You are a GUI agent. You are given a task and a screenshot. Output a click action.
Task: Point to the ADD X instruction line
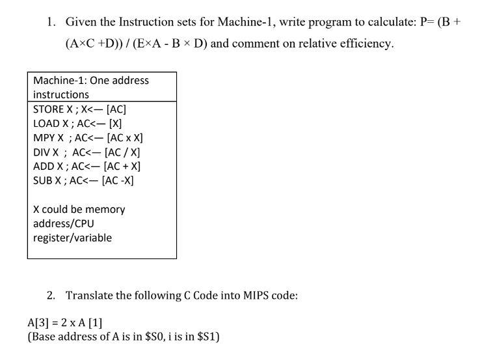(87, 166)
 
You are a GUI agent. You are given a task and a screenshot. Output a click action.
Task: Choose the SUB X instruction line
(83, 180)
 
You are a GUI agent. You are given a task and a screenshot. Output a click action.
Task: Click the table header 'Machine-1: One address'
(90, 81)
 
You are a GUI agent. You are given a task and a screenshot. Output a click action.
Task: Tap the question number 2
(51, 295)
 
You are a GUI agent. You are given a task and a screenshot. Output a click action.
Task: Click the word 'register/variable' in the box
(72, 238)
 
